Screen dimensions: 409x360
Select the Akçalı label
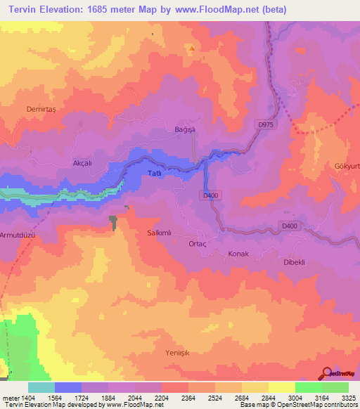point(83,162)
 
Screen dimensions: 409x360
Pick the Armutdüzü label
point(18,235)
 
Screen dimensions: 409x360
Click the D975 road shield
point(264,124)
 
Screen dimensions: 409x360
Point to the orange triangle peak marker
point(191,48)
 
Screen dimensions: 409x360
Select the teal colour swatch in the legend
point(41,387)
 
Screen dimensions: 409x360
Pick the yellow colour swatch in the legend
point(282,387)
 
